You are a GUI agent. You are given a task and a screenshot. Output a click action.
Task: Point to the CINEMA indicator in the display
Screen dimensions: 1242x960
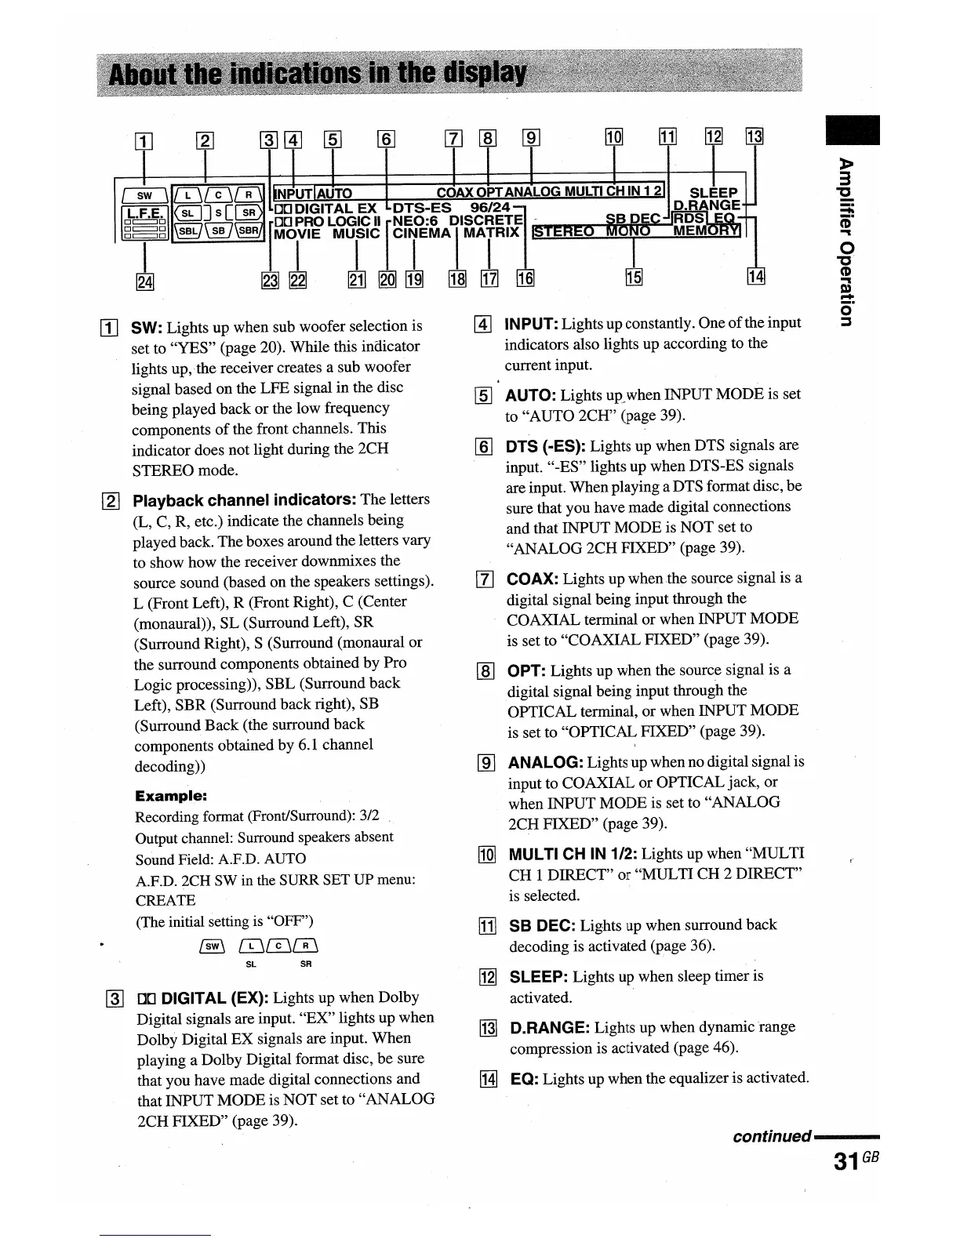click(x=422, y=233)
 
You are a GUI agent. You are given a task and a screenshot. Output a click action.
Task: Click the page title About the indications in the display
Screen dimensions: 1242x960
click(x=318, y=75)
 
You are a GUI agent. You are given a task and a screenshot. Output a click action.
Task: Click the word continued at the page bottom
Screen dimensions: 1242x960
click(x=771, y=1136)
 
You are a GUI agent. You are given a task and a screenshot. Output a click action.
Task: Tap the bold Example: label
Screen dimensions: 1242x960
click(x=171, y=796)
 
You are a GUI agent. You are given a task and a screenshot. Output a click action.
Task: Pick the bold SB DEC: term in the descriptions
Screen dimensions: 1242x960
click(x=543, y=925)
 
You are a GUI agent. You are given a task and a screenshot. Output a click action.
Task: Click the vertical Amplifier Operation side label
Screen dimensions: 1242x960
click(x=845, y=241)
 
